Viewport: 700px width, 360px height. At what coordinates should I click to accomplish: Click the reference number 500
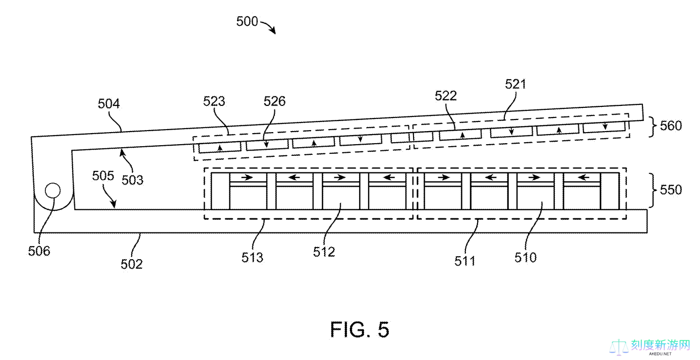point(247,22)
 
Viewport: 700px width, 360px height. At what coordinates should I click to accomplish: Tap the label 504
point(109,104)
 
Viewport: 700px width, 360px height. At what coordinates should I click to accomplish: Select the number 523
point(214,101)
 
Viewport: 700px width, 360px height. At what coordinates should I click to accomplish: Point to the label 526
point(274,101)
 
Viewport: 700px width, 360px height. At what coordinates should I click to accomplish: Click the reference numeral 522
point(446,95)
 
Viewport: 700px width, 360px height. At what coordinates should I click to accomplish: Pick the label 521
point(515,84)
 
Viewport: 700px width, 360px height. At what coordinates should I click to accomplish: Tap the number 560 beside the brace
point(670,125)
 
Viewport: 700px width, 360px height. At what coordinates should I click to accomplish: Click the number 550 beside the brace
point(670,190)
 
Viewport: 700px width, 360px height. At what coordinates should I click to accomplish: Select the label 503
point(133,179)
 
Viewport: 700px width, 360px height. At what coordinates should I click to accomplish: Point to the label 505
point(103,175)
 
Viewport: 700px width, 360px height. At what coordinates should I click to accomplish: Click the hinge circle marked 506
point(52,191)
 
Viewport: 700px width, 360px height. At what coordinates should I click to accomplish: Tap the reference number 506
point(39,251)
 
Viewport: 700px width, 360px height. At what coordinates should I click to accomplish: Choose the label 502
point(132,263)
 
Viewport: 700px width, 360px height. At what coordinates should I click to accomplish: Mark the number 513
point(252,258)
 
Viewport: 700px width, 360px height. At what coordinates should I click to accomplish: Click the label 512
point(324,252)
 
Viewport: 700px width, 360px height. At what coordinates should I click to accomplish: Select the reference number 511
point(464,261)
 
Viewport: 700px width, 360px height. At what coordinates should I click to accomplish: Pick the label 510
point(526,258)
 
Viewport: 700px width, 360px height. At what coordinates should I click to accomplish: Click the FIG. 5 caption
point(360,330)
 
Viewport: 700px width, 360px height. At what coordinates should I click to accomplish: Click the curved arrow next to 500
point(269,27)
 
